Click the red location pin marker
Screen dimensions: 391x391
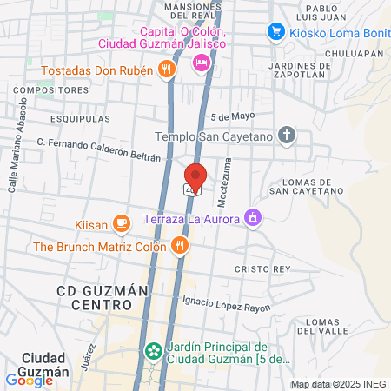[195, 176]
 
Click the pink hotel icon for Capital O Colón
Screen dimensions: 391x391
[201, 61]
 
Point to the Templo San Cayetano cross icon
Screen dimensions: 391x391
[288, 136]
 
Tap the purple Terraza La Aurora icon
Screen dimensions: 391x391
[253, 216]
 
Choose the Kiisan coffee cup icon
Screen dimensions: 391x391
[122, 225]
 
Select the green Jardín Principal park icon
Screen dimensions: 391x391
[154, 351]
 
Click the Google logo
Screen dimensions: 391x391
[30, 380]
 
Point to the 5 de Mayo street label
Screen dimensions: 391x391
[230, 117]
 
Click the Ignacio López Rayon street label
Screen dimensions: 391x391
[226, 303]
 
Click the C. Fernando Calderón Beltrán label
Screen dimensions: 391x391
[99, 149]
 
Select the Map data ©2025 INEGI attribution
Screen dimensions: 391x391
[339, 384]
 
